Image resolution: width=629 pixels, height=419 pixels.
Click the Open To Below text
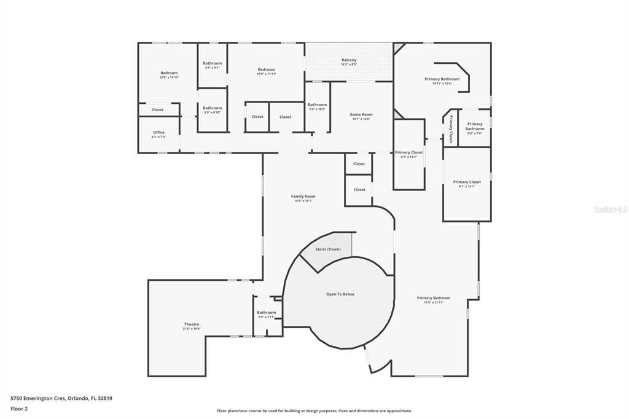[x=340, y=294]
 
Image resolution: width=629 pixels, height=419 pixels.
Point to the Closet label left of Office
[x=158, y=110]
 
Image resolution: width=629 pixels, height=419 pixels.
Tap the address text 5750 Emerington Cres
[x=61, y=398]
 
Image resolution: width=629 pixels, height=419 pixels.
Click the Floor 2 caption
[x=19, y=409]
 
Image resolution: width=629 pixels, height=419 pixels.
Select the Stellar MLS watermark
[x=609, y=209]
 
